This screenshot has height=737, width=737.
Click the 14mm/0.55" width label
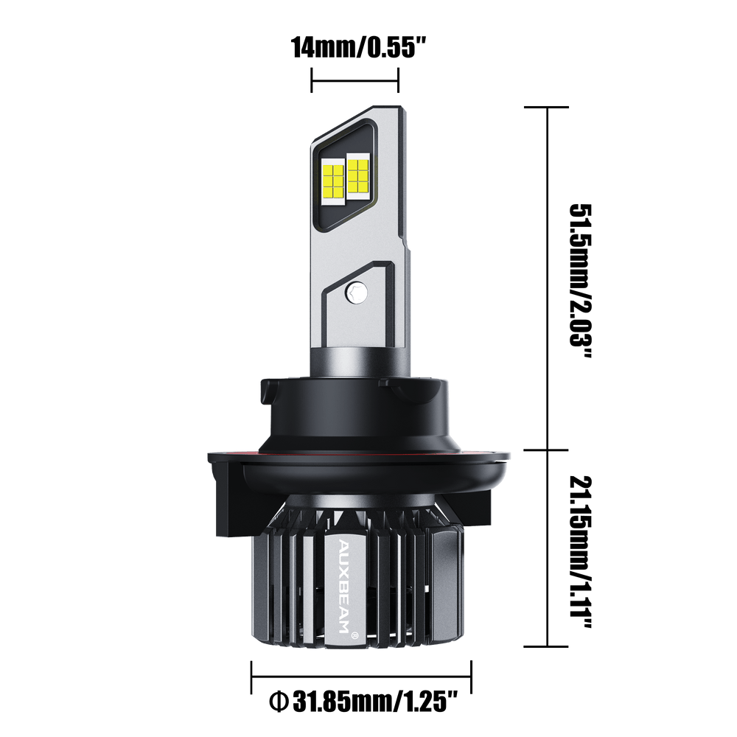359,47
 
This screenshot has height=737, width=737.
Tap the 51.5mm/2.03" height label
581,281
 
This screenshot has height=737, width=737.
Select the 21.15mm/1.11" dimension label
581,552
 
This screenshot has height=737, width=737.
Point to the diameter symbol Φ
279,702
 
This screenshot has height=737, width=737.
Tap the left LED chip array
333,181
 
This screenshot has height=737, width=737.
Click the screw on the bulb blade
357,293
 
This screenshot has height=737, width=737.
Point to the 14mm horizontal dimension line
355,80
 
